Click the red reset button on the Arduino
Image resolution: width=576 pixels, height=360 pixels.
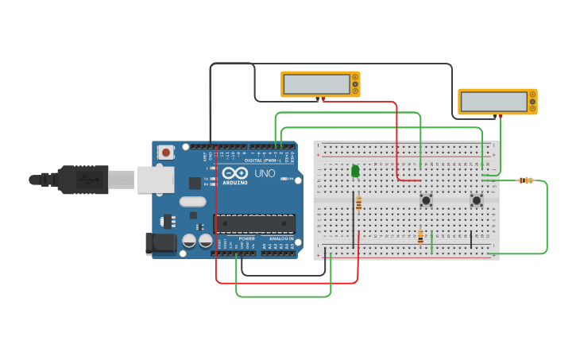[x=165, y=152]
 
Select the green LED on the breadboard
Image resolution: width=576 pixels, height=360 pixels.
[x=355, y=171]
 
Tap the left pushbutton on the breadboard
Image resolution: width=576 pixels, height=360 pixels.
[x=426, y=200]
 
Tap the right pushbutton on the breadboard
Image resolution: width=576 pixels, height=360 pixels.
[x=477, y=200]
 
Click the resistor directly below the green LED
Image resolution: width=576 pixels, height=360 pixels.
[x=358, y=203]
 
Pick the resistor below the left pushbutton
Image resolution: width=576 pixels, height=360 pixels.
[x=420, y=236]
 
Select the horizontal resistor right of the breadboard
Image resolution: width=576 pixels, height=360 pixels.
[x=525, y=180]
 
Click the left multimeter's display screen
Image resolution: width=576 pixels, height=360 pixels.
[x=317, y=83]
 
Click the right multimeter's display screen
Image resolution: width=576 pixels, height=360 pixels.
[x=493, y=101]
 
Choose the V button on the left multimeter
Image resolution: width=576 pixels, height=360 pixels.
[x=355, y=83]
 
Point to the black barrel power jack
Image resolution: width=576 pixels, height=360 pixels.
[x=160, y=243]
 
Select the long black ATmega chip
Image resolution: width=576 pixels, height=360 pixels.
[x=254, y=223]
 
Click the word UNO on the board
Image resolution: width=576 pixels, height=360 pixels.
[x=265, y=173]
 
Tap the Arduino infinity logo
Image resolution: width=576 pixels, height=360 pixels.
[x=235, y=172]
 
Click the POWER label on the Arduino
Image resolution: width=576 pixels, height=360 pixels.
[x=247, y=238]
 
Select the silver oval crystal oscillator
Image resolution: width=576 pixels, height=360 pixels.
[x=193, y=201]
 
